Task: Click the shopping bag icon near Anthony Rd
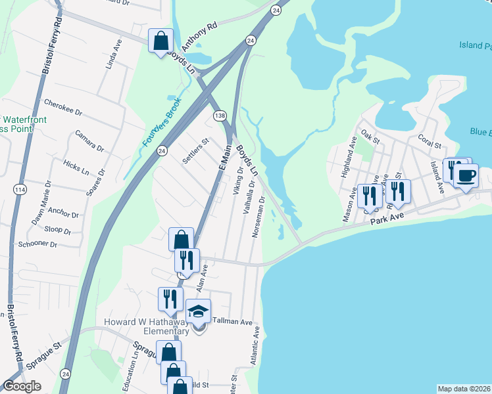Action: (x=161, y=42)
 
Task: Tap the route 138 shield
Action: (x=221, y=116)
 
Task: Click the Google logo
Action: (x=22, y=386)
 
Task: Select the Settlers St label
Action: (x=195, y=150)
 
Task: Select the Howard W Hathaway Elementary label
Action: (x=147, y=326)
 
